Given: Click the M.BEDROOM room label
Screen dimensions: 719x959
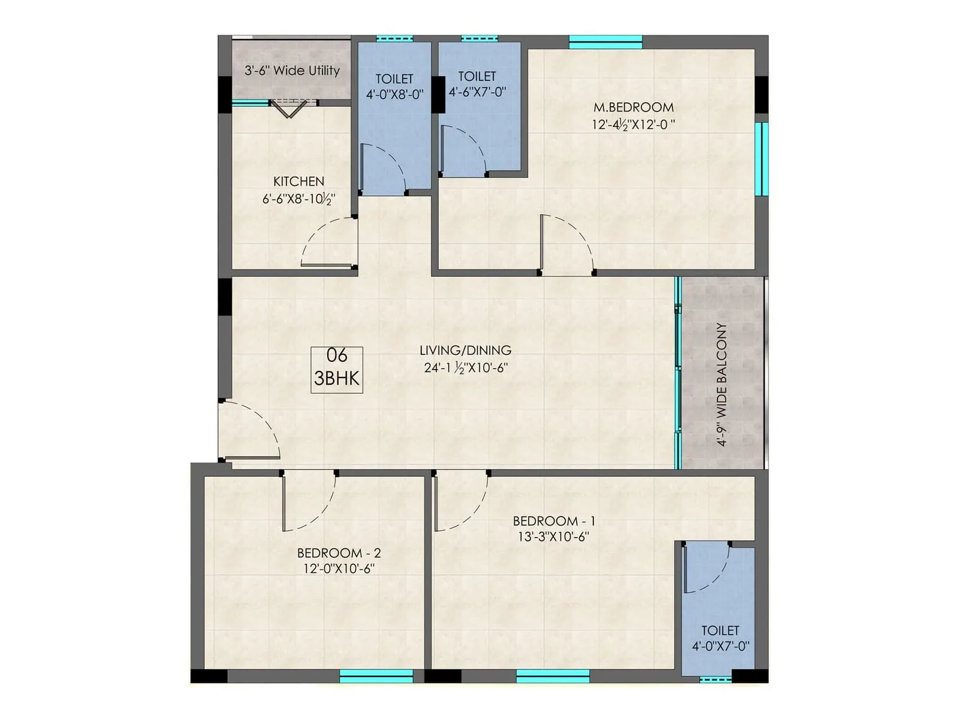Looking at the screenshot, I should tap(634, 108).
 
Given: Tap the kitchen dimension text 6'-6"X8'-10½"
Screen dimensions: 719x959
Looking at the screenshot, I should tap(298, 199).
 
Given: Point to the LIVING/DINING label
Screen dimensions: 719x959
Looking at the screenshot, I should tap(465, 351).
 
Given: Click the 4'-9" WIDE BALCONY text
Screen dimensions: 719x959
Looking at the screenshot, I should tap(722, 385).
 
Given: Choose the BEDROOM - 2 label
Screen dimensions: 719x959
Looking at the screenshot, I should tap(339, 553).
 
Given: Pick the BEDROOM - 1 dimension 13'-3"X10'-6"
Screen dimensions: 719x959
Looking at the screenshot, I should tap(553, 537).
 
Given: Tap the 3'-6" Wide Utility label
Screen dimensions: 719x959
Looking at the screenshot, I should tap(292, 71).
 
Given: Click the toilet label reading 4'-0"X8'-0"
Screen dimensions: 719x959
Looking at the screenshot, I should tap(394, 95).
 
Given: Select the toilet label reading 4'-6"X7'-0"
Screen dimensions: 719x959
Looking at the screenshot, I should tap(477, 92).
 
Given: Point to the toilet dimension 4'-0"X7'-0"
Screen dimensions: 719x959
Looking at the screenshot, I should tap(720, 647).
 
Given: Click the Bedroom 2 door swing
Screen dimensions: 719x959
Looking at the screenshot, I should tap(308, 502).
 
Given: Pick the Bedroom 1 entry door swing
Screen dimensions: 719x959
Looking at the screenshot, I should tap(460, 502).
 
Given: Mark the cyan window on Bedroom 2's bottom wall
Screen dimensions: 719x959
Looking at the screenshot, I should tap(376, 676).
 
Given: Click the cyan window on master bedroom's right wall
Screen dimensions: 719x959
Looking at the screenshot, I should tap(761, 159).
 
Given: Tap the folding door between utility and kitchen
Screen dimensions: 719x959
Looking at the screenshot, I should tap(289, 108).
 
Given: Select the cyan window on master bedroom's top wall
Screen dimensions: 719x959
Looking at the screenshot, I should tap(605, 42).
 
